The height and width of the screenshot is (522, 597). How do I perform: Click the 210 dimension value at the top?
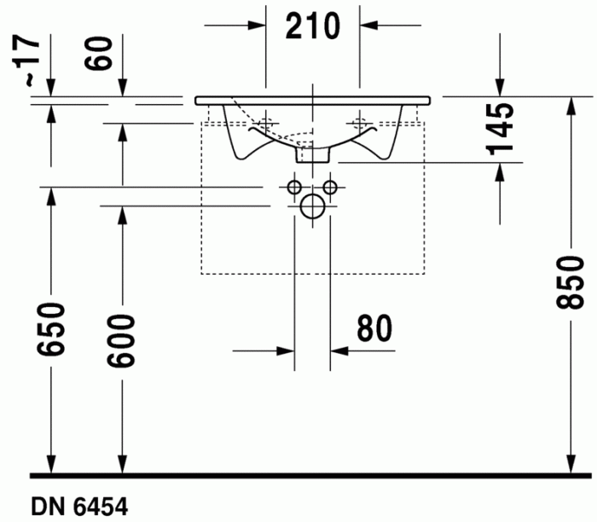312,26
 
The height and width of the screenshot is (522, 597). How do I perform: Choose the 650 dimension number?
50,332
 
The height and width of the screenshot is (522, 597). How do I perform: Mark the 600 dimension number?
122,340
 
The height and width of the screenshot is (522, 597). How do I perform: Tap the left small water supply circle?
294,187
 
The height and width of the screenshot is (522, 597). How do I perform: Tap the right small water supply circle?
330,187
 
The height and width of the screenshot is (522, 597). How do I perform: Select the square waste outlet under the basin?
312,154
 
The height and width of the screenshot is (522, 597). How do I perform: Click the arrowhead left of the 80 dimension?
285,350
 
